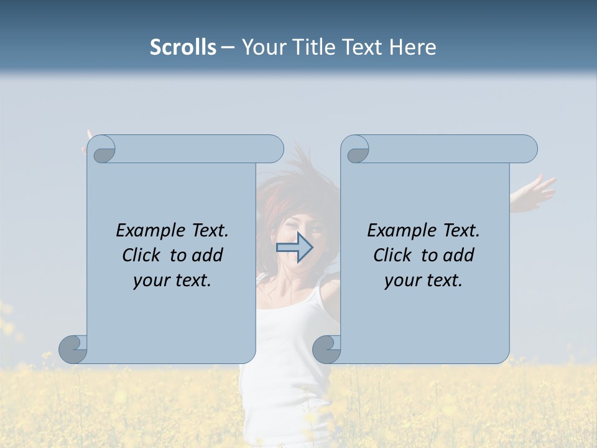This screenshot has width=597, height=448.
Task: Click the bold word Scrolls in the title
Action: coord(183,47)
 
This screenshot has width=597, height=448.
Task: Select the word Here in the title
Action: coord(412,47)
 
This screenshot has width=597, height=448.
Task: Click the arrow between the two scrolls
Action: coord(294,248)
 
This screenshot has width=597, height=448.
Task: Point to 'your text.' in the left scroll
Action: coord(172,281)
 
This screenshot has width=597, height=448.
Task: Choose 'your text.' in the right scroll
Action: coord(423,281)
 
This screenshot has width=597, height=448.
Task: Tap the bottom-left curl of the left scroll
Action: coord(73,349)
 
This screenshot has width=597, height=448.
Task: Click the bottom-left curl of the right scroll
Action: coord(326,349)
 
